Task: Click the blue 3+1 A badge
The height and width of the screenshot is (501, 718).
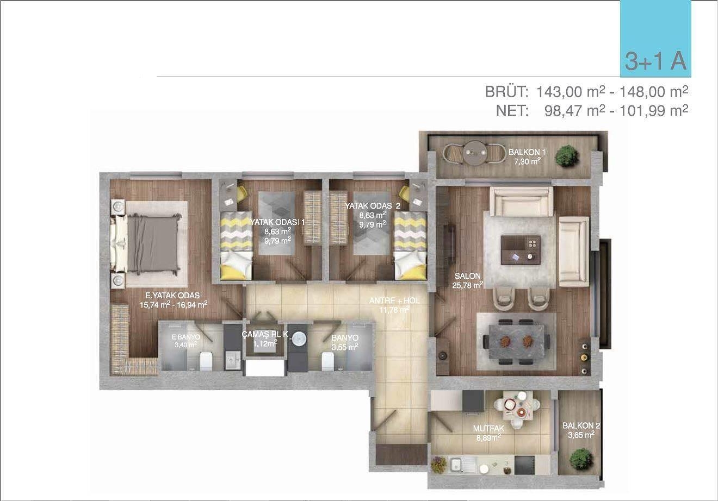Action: coord(655,39)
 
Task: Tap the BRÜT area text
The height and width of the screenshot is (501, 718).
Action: coord(586,92)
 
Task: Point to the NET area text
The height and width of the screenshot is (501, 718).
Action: coord(592,111)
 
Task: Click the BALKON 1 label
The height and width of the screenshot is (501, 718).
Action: coord(527,152)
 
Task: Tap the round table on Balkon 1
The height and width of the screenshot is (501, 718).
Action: coord(475,153)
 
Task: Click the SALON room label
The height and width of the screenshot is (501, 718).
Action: coord(468,275)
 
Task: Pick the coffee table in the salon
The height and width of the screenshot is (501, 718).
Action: coord(521,250)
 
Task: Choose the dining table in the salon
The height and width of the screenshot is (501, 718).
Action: coord(516,341)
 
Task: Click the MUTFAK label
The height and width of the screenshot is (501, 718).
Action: coord(488,428)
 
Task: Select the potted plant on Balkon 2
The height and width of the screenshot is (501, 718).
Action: coord(581,459)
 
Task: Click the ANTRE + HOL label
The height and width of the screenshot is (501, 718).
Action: coord(394,300)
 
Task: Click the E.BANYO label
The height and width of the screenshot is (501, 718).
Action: coord(186,337)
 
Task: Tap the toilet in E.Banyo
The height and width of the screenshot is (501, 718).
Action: coord(206,361)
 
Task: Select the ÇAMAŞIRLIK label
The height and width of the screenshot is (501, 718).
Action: coord(265,335)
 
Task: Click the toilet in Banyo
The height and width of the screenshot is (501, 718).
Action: coord(328,361)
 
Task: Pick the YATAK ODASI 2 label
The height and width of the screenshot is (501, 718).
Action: coord(373,206)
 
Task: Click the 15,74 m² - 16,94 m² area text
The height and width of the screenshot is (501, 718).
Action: coord(174,305)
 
